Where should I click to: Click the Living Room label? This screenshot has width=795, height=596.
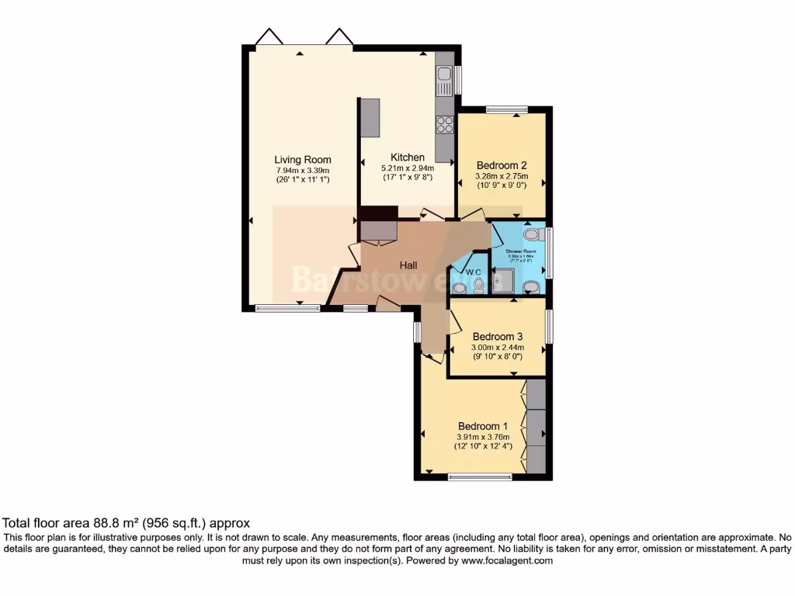point(302,160)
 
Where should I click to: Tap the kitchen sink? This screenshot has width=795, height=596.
point(444,76)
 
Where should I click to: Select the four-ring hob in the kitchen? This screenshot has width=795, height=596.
point(445,124)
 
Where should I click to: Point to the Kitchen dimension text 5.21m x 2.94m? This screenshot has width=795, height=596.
point(407,168)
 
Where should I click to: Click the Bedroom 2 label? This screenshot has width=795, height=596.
point(502,165)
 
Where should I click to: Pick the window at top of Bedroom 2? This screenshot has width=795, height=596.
point(507,109)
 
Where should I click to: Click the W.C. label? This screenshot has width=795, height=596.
point(474,272)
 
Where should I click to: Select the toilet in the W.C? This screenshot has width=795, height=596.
point(477,287)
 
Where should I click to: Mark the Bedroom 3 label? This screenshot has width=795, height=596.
point(498,336)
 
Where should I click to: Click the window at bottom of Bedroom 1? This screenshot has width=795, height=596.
point(480,476)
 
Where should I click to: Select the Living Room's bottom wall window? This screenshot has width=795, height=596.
point(288,308)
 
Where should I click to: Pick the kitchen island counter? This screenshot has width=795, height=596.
point(369,117)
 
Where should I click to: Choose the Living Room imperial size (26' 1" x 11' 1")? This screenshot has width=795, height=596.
point(302,180)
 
